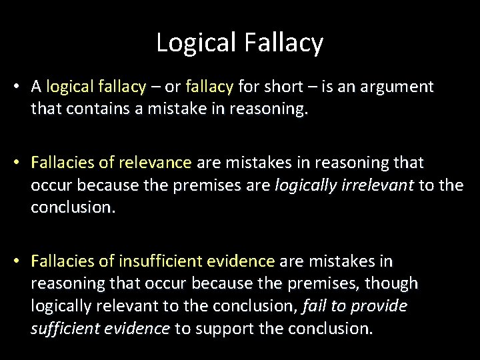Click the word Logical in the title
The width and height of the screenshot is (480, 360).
pyautogui.click(x=197, y=43)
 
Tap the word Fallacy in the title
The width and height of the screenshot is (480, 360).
pyautogui.click(x=284, y=43)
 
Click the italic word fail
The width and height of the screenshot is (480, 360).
pyautogui.click(x=314, y=306)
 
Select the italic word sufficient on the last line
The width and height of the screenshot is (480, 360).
pyautogui.click(x=65, y=328)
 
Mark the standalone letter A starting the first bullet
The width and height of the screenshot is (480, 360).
pyautogui.click(x=37, y=87)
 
